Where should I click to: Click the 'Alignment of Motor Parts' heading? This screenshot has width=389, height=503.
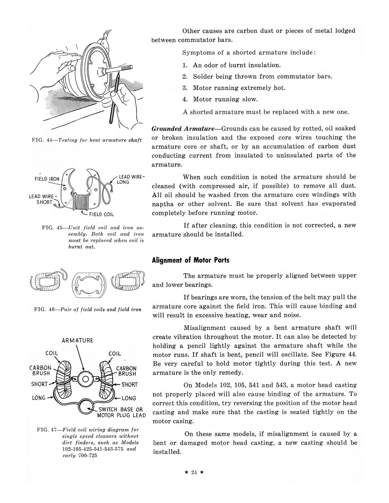pos(191,260)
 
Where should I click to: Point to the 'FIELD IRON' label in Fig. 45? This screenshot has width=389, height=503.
pos(47,179)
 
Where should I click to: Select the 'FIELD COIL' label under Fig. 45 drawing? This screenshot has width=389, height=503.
pos(101,215)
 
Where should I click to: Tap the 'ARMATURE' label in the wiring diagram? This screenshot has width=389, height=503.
pos(78,340)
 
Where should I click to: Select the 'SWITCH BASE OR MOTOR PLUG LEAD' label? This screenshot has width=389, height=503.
pos(121,412)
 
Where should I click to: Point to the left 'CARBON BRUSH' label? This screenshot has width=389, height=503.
pos(40,370)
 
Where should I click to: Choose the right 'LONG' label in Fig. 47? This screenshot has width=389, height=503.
pos(129,398)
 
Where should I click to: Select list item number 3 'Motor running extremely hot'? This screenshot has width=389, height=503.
pos(234,88)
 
